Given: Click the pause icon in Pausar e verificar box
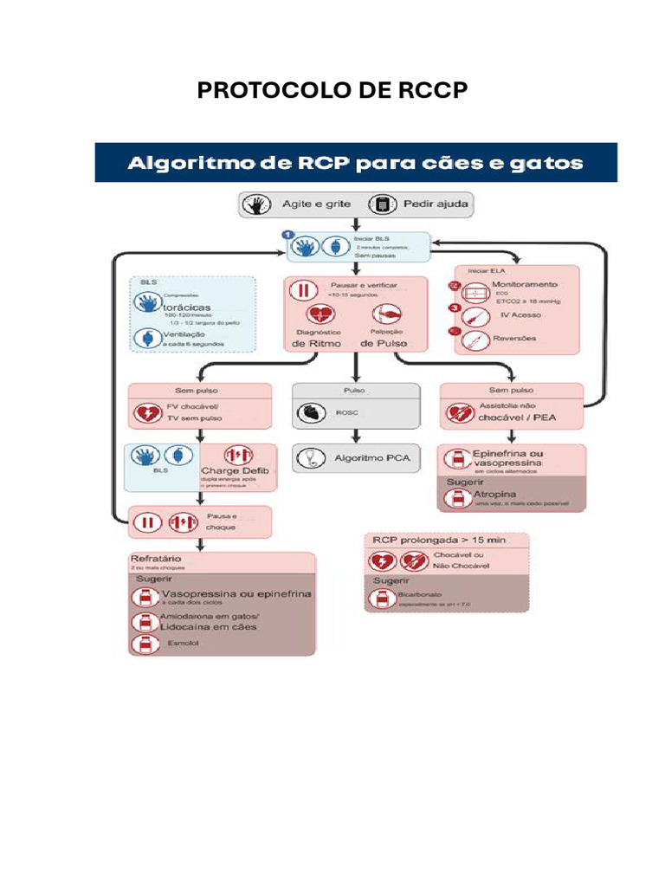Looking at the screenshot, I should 304,290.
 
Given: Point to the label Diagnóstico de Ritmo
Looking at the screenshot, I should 319,338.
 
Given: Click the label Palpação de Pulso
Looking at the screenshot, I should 384,338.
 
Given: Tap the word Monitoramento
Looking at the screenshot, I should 525,283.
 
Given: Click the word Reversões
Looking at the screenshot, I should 514,338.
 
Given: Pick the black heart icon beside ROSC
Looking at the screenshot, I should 309,413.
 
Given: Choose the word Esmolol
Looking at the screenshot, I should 183,644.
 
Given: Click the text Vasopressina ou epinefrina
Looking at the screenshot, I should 236,594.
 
